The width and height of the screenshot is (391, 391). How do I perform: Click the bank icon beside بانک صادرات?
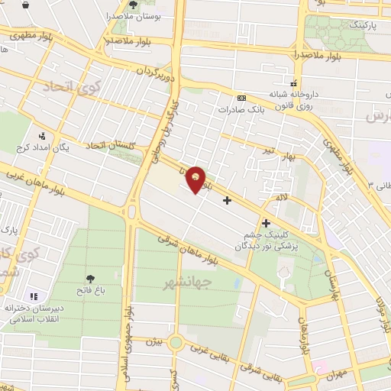pyautogui.click(x=242, y=98)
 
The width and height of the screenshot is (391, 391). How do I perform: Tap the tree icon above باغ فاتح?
pyautogui.click(x=91, y=276)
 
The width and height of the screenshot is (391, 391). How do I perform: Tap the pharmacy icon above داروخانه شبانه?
pyautogui.click(x=292, y=84)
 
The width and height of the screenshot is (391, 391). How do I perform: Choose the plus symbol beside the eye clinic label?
pyautogui.click(x=266, y=223)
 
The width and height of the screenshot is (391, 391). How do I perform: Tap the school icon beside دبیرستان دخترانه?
pyautogui.click(x=33, y=296)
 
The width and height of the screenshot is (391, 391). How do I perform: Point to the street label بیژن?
pyautogui.click(x=154, y=343)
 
